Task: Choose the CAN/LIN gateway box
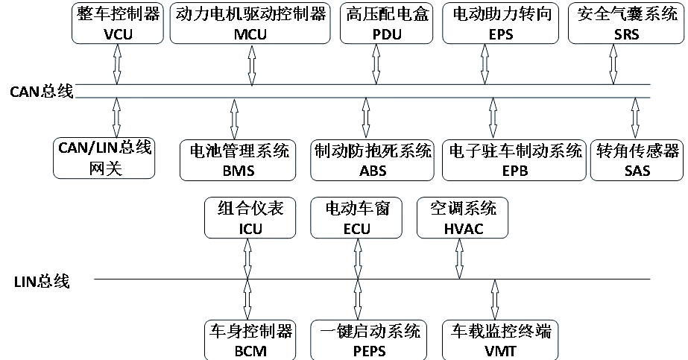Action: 104,157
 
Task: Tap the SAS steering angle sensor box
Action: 637,160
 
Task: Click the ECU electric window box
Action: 356,218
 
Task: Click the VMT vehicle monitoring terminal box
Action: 500,340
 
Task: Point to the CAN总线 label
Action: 42,92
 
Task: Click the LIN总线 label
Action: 42,282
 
